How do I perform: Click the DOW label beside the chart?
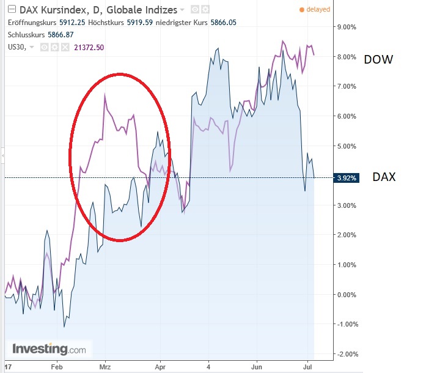click(x=378, y=60)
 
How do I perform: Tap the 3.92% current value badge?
click(x=346, y=178)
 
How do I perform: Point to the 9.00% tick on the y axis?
click(x=347, y=27)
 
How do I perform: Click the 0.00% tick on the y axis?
click(x=347, y=295)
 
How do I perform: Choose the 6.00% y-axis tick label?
click(x=347, y=116)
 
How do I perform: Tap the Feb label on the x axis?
click(x=57, y=367)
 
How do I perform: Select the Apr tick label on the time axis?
click(x=160, y=367)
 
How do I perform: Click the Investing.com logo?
click(x=50, y=350)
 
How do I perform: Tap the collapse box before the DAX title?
click(x=11, y=10)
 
